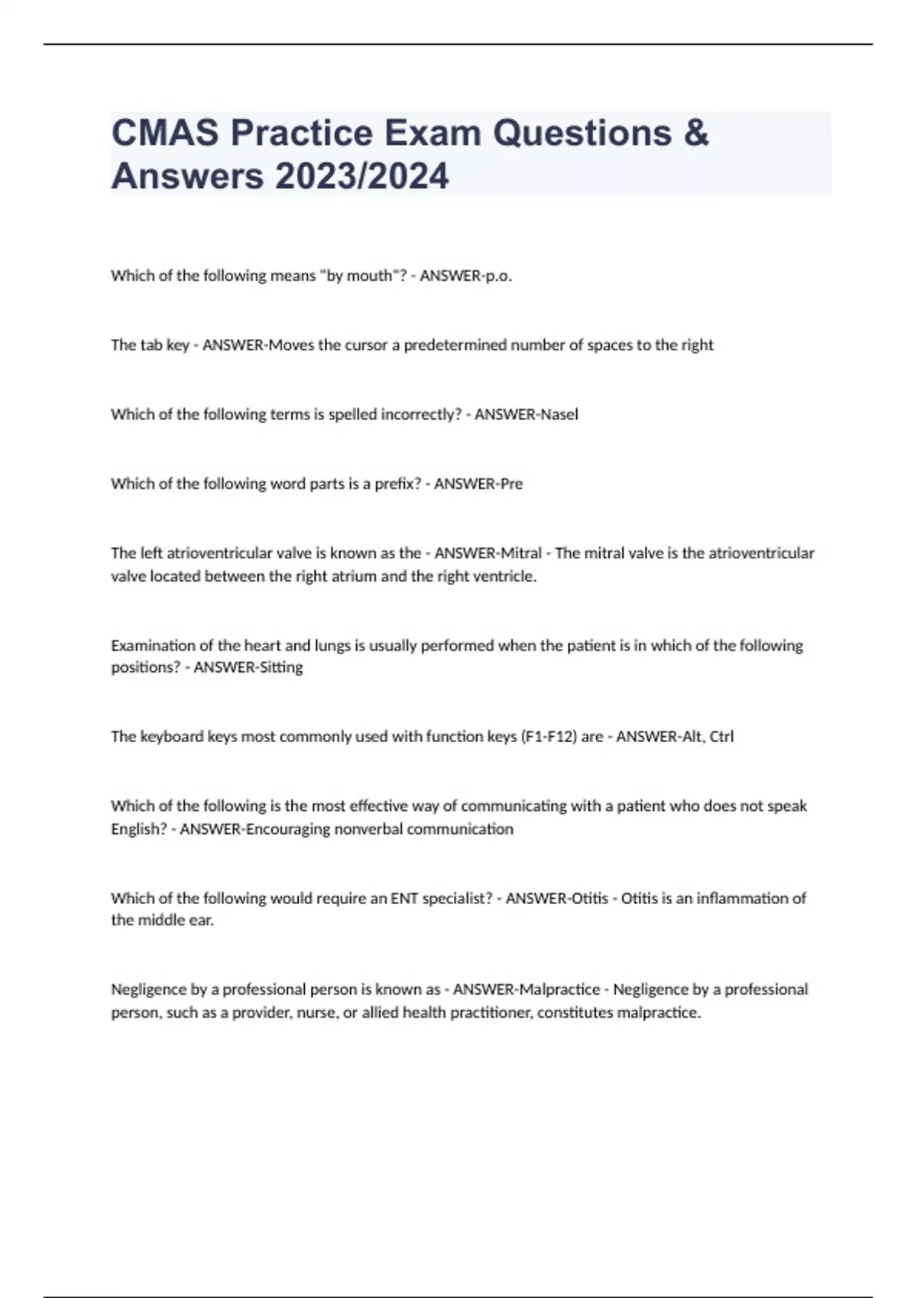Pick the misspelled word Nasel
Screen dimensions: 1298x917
pos(559,415)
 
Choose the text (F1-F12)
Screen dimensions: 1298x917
pos(549,737)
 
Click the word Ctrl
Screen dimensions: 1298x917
pos(721,737)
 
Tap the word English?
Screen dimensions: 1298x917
pos(138,829)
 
